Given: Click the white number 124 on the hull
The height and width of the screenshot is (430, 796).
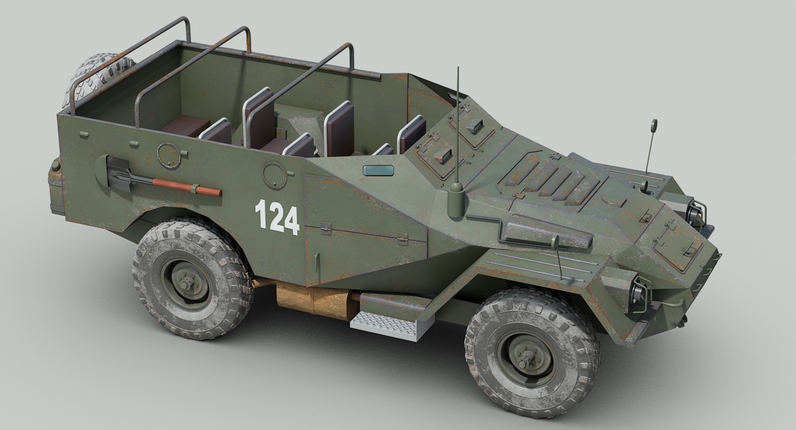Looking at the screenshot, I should coord(277,216).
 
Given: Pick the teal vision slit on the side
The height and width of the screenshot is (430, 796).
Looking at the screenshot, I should coord(378,170).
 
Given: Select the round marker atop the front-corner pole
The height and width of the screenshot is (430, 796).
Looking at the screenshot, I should coord(654,125).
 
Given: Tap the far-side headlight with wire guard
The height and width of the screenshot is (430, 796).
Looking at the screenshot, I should coord(698,212).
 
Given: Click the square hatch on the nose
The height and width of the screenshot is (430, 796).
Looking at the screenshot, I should coord(678,246).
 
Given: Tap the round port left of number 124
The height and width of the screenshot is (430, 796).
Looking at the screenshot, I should coord(274,175).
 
